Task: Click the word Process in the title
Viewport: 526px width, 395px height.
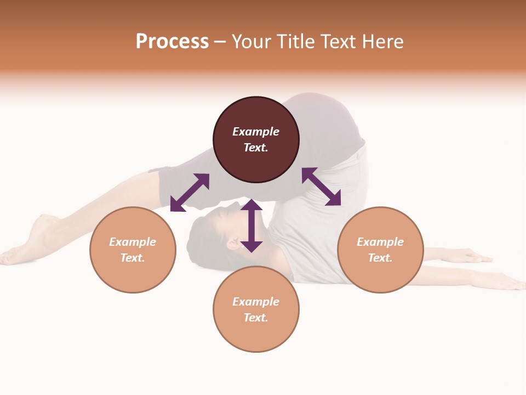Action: pos(172,42)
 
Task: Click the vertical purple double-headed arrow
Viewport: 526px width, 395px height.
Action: pos(251,225)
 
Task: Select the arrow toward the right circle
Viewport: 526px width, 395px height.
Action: pos(321,187)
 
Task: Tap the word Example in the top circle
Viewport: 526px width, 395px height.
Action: pos(256,132)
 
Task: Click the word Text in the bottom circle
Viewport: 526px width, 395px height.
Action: pos(256,318)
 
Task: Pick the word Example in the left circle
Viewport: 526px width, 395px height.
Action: pos(133,242)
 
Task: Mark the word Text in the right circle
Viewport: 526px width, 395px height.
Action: pos(380,258)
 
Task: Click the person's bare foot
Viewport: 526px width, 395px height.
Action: pos(33,241)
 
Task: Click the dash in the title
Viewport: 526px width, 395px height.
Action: pos(220,42)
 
